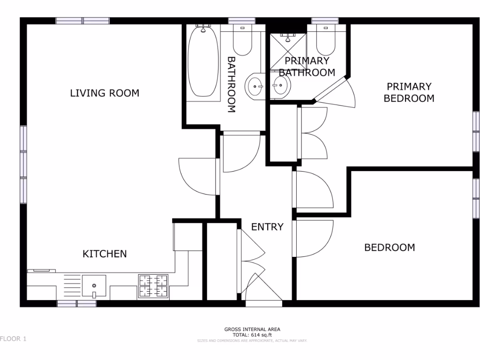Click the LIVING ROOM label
coord(105,93)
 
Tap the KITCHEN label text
coord(105,254)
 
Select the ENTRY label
coord(267,227)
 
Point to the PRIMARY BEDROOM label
coord(409,92)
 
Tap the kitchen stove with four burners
coord(153,286)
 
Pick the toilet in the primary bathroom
coord(325,42)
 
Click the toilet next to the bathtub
coord(242,42)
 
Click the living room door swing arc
coord(197,176)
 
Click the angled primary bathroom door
coord(337,91)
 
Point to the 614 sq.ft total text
coord(253,335)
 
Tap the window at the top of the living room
coord(82,21)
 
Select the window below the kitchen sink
coord(77,304)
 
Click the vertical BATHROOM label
coord(231,85)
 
